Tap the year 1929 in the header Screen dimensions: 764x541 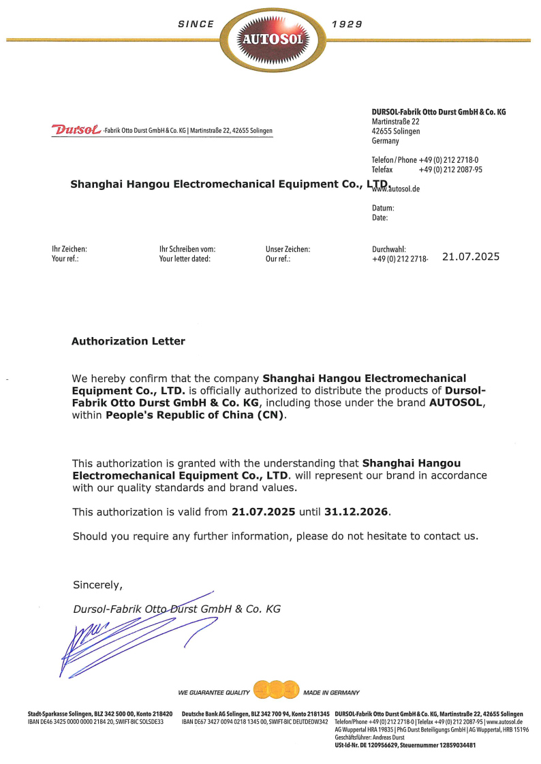pyautogui.click(x=346, y=24)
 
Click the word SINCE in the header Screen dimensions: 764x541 pyautogui.click(x=196, y=24)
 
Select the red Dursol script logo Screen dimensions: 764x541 pyautogui.click(x=76, y=129)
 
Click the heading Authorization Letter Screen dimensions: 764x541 pyautogui.click(x=128, y=341)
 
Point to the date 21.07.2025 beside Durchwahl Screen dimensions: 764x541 pyautogui.click(x=471, y=257)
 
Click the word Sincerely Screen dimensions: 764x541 pyautogui.click(x=97, y=585)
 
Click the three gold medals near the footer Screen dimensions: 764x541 pyautogui.click(x=276, y=690)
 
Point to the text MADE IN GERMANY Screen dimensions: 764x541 pyautogui.click(x=331, y=693)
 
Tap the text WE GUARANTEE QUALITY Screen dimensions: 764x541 pyautogui.click(x=214, y=693)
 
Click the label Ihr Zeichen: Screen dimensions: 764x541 pyautogui.click(x=69, y=250)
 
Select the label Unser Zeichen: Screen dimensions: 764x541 pyautogui.click(x=288, y=250)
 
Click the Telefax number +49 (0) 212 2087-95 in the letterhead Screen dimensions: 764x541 pyautogui.click(x=450, y=170)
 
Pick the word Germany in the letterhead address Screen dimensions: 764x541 pyautogui.click(x=386, y=141)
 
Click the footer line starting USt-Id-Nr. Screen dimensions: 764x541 pyautogui.click(x=405, y=746)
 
